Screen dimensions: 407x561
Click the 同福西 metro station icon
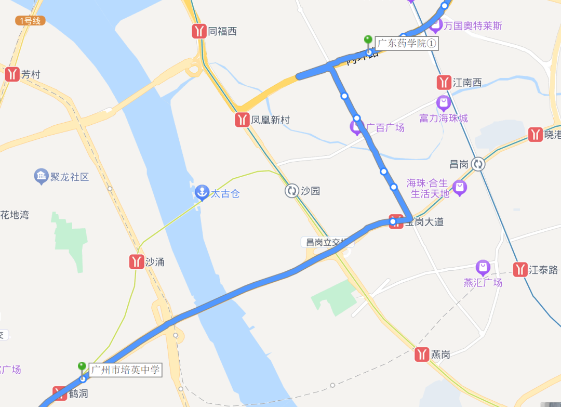(199, 31)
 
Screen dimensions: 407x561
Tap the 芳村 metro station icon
(12, 74)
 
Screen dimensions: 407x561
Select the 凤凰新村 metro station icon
(242, 120)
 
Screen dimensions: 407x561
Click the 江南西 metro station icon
(444, 83)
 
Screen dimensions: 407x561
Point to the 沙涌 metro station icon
(137, 262)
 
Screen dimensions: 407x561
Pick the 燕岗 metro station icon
(422, 355)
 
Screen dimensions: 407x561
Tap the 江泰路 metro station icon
(520, 270)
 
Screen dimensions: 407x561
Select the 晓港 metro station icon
(535, 135)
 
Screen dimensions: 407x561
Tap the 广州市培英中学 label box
(125, 370)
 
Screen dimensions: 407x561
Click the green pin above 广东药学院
(368, 40)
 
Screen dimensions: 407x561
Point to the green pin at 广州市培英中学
(82, 367)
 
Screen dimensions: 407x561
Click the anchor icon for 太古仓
(202, 193)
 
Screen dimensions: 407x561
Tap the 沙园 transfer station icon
(291, 191)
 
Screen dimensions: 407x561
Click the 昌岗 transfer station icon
(478, 164)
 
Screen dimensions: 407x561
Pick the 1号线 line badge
(30, 21)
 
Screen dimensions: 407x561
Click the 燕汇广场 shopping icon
(483, 268)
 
